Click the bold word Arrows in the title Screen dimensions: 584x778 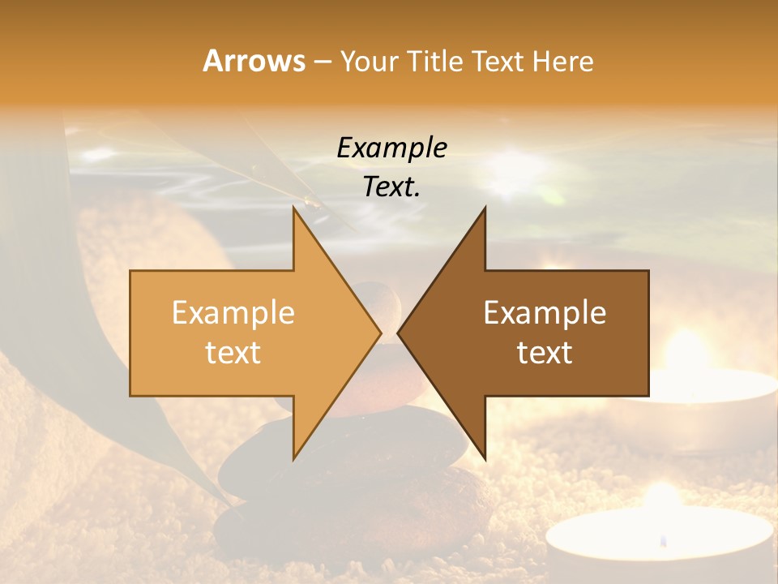pyautogui.click(x=254, y=61)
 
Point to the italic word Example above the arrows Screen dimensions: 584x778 pyautogui.click(x=391, y=148)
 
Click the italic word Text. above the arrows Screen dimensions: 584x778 pyautogui.click(x=391, y=187)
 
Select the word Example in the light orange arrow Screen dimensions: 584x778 pyautogui.click(x=233, y=313)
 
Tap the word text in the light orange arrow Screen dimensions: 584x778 pyautogui.click(x=233, y=353)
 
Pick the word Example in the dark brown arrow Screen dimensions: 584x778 pyautogui.click(x=545, y=313)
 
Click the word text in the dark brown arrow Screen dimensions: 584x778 pyautogui.click(x=545, y=353)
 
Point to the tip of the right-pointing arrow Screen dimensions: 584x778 pyautogui.click(x=380, y=333)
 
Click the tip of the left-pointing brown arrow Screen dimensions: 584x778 pyautogui.click(x=399, y=333)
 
